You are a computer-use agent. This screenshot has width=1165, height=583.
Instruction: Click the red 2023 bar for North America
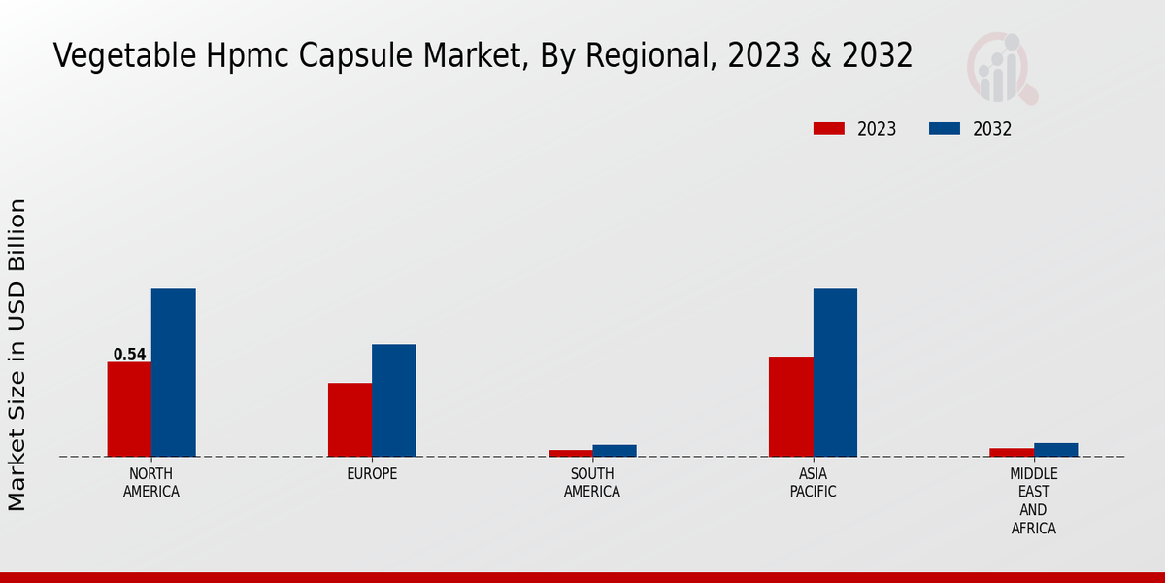[x=129, y=409]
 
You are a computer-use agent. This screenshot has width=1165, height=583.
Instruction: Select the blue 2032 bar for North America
[x=173, y=372]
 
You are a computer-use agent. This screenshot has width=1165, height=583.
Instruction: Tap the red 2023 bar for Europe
[x=349, y=420]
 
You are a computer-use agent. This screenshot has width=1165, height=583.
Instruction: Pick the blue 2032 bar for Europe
[x=393, y=400]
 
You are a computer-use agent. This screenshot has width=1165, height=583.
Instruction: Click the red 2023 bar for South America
[x=570, y=453]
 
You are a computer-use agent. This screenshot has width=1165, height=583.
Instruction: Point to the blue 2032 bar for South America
[x=615, y=451]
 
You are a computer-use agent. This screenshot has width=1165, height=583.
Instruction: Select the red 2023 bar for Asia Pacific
[x=790, y=406]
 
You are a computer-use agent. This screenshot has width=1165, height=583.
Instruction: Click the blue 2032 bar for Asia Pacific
[x=835, y=372]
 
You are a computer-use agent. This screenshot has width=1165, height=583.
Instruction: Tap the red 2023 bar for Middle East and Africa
[x=1012, y=452]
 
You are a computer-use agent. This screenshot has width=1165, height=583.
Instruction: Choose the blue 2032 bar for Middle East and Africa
[x=1055, y=450]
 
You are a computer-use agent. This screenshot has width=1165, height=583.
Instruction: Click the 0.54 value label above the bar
[x=129, y=355]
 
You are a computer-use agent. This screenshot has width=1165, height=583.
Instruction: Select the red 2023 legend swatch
[x=829, y=129]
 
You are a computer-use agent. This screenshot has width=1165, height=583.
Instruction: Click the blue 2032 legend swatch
[x=945, y=129]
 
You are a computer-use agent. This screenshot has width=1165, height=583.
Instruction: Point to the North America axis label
[x=151, y=483]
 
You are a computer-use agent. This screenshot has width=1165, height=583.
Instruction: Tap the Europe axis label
[x=372, y=474]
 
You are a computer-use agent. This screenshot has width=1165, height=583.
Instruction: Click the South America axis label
[x=592, y=483]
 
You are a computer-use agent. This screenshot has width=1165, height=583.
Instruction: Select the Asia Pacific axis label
[x=813, y=483]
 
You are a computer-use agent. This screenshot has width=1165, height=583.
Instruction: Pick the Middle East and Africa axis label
[x=1033, y=501]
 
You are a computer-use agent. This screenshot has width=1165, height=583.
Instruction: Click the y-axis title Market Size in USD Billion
[x=17, y=355]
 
